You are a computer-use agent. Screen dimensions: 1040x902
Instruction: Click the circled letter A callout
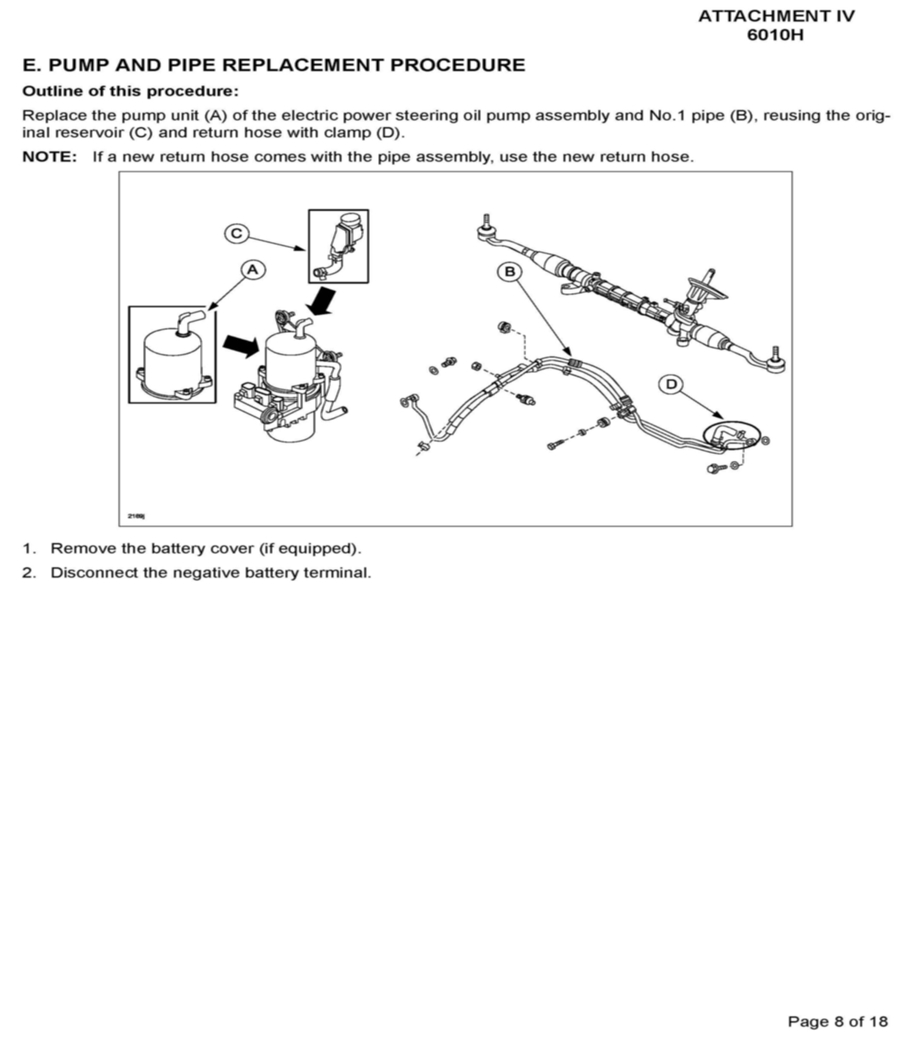point(253,270)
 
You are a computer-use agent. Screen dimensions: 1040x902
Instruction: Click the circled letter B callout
point(510,272)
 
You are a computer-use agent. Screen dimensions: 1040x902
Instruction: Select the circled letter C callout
point(237,234)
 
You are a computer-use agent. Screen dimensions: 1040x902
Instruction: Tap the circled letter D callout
point(671,384)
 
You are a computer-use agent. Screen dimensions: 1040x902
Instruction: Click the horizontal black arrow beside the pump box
point(241,346)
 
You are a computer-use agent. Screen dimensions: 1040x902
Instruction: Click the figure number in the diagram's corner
point(136,516)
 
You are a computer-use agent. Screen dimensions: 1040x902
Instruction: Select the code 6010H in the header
point(776,35)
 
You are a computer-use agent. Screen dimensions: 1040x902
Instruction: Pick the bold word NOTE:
point(50,157)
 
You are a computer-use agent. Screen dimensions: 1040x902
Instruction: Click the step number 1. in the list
point(28,548)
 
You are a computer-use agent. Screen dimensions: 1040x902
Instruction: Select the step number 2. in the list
point(28,573)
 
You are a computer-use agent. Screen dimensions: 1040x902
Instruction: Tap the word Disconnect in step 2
point(94,573)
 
